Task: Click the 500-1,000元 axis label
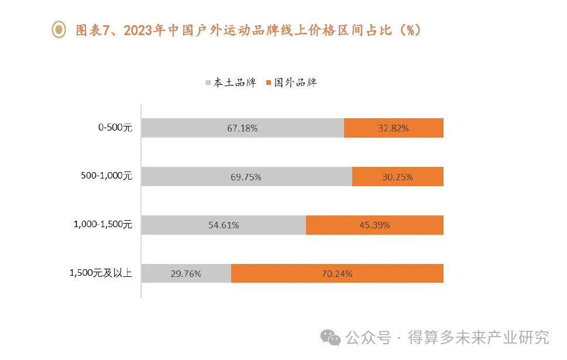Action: tap(107, 176)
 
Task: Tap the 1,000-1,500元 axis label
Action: tap(103, 225)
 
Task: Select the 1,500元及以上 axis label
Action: tap(101, 273)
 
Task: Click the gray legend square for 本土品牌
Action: tap(208, 83)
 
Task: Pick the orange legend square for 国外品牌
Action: tap(269, 83)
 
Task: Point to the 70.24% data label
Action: tap(336, 273)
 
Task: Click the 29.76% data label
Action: tap(186, 273)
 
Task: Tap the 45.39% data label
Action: tap(374, 225)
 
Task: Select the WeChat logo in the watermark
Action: tap(329, 338)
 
